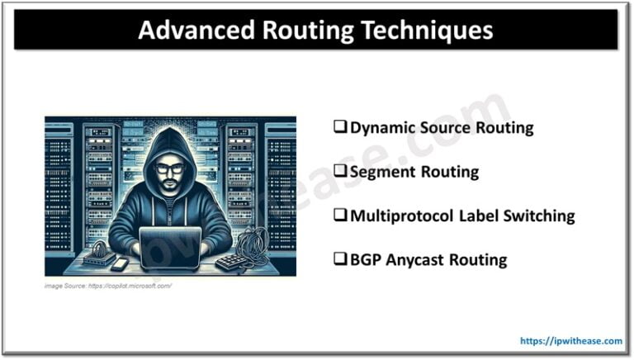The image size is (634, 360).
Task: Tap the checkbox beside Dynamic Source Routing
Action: (x=339, y=127)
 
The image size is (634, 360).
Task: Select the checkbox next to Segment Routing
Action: (x=339, y=172)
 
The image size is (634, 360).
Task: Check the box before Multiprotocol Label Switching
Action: (x=339, y=216)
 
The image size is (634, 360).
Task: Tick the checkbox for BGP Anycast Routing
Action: (x=339, y=260)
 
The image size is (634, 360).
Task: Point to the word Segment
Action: (x=381, y=172)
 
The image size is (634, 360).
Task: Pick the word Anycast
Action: (x=415, y=260)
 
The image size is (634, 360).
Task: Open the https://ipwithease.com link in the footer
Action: (x=571, y=340)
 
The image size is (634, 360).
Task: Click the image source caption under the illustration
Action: (x=108, y=285)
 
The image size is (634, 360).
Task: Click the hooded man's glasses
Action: (x=169, y=168)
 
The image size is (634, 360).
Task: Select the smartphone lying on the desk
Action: (x=117, y=263)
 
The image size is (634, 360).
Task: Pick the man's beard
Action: (x=169, y=188)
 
